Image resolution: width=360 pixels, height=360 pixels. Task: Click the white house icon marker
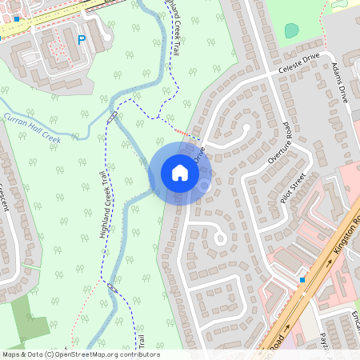coord(180,172)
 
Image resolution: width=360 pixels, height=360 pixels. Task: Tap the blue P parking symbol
coord(81,38)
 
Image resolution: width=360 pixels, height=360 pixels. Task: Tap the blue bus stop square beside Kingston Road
coord(302,279)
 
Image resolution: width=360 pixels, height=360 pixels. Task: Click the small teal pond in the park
coord(291,30)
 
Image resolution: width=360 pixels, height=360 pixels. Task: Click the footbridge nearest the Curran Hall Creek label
coord(112,116)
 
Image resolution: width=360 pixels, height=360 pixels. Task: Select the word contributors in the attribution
coord(137,354)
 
